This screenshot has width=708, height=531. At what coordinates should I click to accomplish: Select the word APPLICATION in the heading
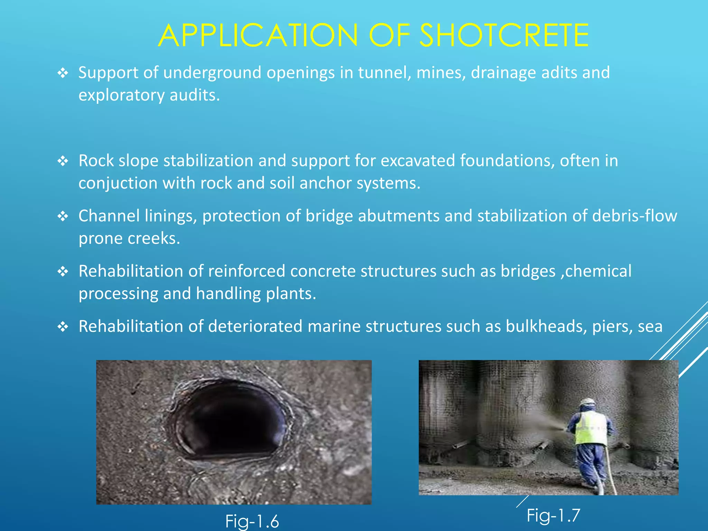(258, 35)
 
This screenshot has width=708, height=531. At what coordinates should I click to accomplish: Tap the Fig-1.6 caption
(252, 521)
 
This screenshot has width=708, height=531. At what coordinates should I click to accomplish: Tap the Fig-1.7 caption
(553, 515)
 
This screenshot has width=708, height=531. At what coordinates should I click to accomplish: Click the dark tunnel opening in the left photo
(230, 420)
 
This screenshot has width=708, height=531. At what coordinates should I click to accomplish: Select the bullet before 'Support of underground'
(63, 73)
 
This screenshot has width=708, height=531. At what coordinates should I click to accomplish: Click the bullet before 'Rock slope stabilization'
(63, 161)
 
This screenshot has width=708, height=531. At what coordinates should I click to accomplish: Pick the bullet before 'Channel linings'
(63, 216)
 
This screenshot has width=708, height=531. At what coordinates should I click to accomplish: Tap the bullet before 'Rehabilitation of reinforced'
(63, 272)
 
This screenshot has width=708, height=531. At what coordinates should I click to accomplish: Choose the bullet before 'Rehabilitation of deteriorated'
(63, 327)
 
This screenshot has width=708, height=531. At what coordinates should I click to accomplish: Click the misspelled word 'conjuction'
(118, 183)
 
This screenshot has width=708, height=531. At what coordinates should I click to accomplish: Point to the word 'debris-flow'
(634, 216)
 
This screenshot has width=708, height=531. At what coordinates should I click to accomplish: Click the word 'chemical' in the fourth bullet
(598, 271)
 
